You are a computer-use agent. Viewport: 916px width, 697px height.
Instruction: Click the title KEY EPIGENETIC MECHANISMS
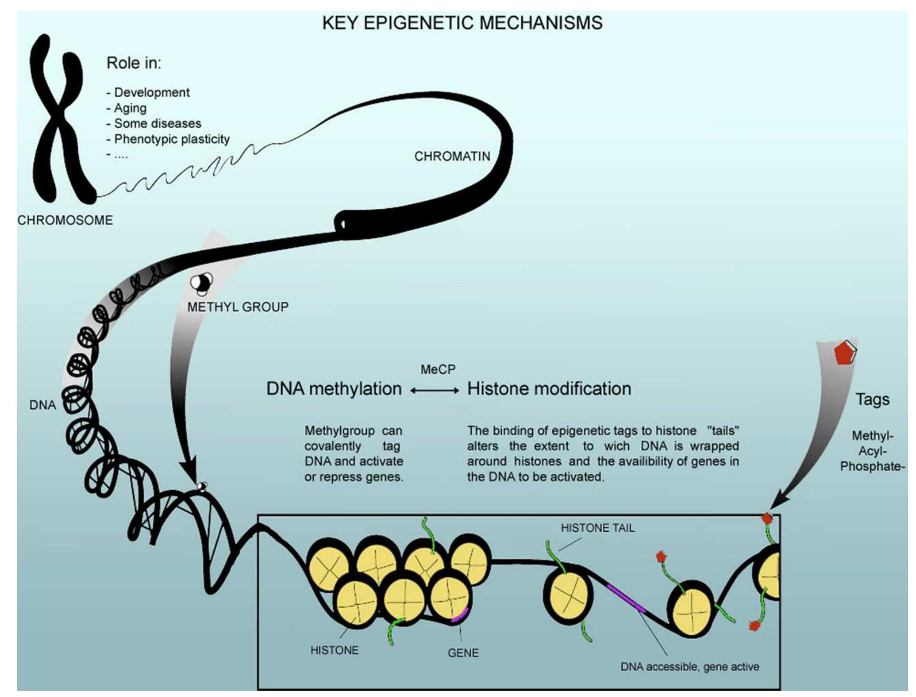coord(462,23)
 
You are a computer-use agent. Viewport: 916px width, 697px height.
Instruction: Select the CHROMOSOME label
coord(65,220)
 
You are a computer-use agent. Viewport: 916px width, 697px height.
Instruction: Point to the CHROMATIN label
coord(452,156)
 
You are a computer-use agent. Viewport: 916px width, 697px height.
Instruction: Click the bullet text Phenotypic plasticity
coord(172,139)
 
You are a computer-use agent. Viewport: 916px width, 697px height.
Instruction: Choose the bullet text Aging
coord(130,108)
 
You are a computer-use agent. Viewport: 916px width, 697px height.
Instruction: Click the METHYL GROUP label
coord(238,307)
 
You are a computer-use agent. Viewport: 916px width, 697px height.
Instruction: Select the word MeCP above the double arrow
coord(438,369)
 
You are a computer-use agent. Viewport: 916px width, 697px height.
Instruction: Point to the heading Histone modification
coord(549,388)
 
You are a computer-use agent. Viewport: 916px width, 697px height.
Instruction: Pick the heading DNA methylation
coord(334,388)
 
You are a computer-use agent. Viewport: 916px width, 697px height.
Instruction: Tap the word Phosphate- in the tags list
coord(872,466)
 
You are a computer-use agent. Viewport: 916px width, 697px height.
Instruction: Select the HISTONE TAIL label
coord(597,528)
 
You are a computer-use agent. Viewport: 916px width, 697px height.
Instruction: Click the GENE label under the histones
coord(463,652)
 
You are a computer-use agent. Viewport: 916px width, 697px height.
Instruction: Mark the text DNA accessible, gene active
coord(690,666)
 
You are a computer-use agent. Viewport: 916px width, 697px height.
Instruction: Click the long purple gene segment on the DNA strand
coord(626,597)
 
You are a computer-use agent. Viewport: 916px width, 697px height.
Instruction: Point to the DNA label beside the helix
coord(42,405)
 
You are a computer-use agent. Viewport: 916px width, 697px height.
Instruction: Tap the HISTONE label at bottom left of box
coord(334,650)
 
